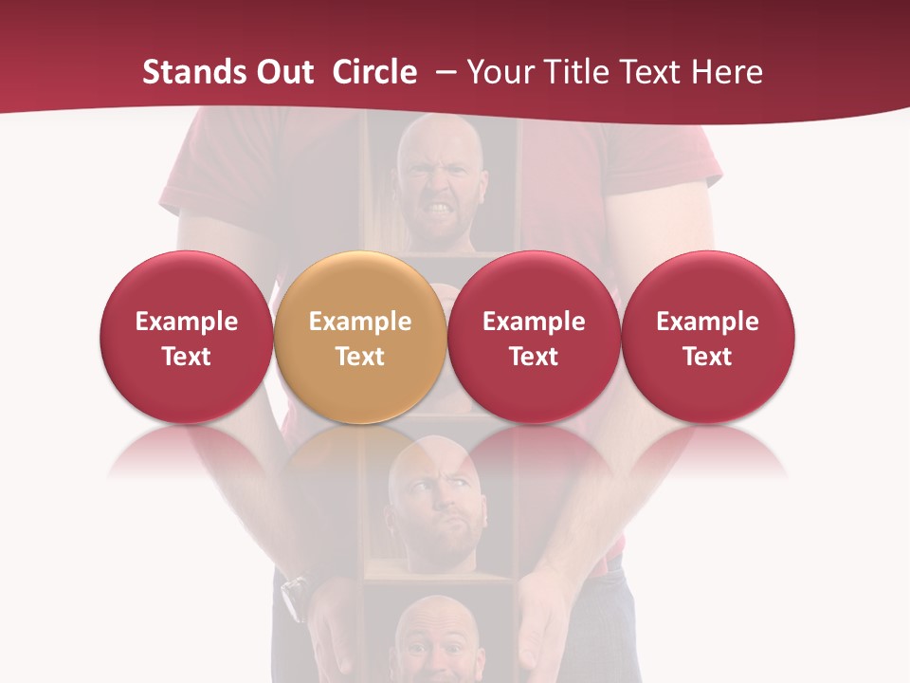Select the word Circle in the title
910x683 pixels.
(x=374, y=72)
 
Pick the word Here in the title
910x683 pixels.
(x=727, y=72)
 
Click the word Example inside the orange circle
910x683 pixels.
(x=360, y=322)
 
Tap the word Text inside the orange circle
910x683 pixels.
(x=360, y=357)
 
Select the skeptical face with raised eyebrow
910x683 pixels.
(x=434, y=503)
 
